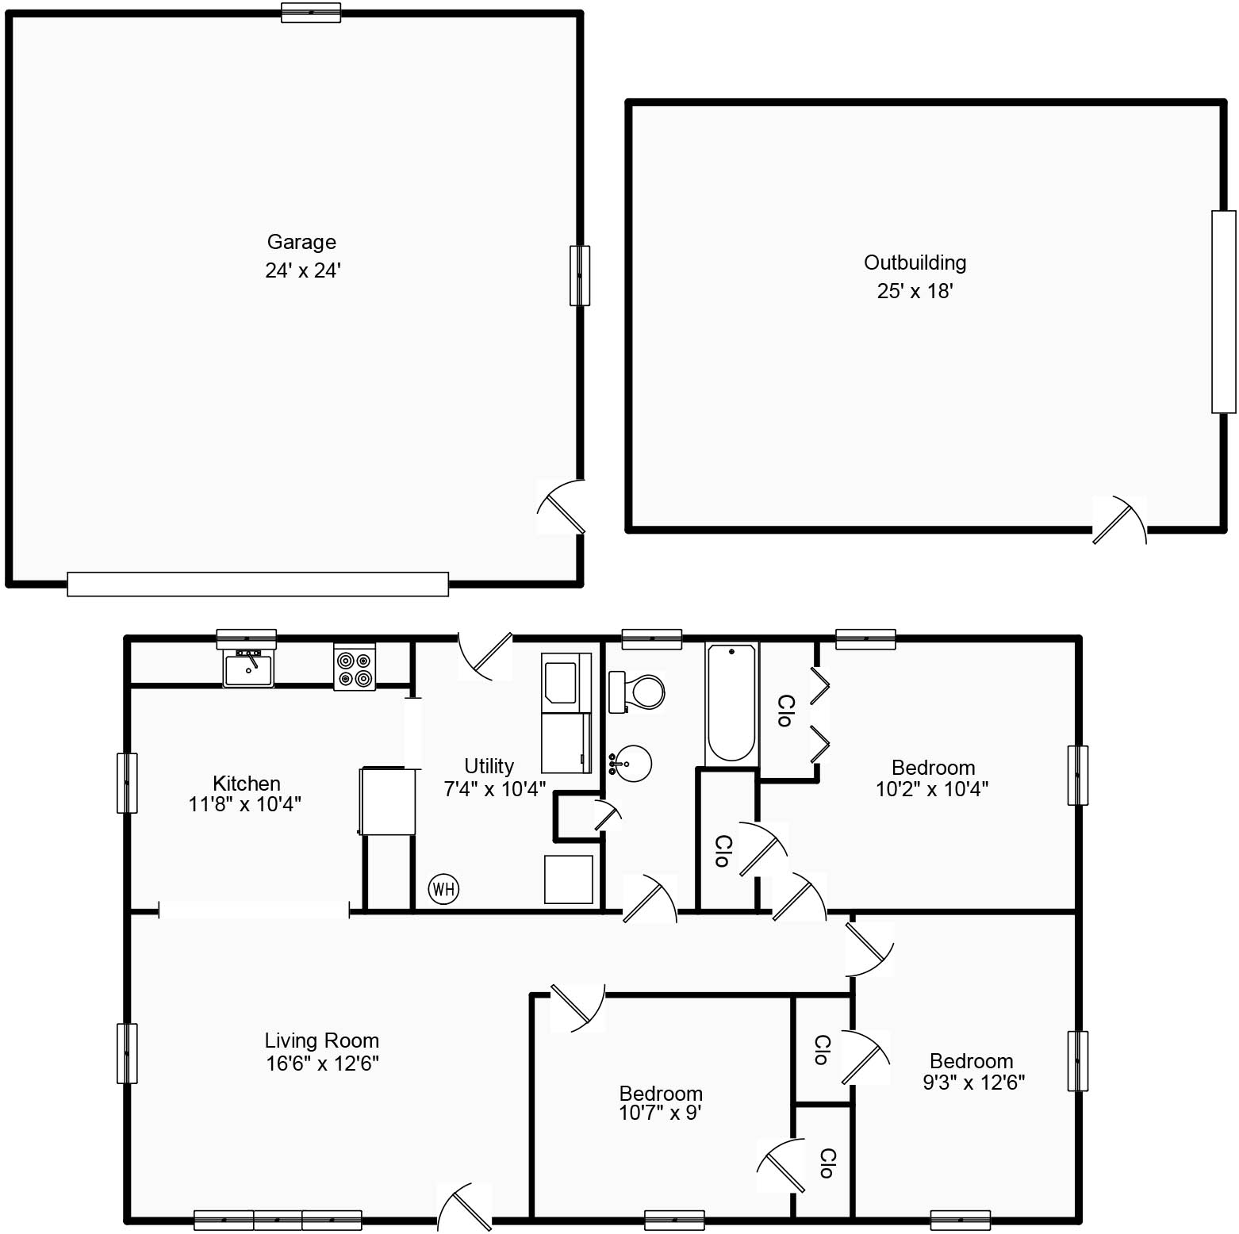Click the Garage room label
(x=301, y=242)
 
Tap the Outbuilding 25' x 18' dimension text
(x=915, y=291)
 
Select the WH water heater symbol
(x=443, y=889)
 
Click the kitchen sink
(x=248, y=669)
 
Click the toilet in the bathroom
(x=636, y=692)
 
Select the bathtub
(x=731, y=703)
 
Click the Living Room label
(x=322, y=1040)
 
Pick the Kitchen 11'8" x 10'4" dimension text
(x=245, y=804)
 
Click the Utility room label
(x=489, y=766)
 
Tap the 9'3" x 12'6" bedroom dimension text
(x=974, y=1082)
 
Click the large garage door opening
(x=258, y=584)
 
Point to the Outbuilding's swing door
(x=1118, y=519)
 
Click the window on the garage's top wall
(x=311, y=13)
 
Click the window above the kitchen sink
(x=247, y=638)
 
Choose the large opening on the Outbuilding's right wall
(x=1224, y=312)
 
